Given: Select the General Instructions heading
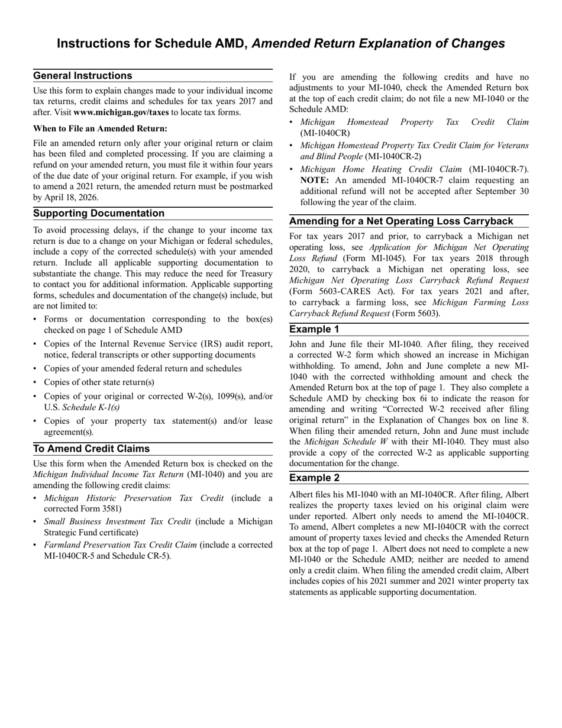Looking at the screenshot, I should [x=83, y=76].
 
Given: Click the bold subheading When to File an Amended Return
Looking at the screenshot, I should [x=100, y=128].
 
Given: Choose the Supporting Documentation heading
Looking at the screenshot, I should [x=99, y=214].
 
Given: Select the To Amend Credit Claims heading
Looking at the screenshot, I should [x=91, y=449].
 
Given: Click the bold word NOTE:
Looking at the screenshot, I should [x=315, y=180].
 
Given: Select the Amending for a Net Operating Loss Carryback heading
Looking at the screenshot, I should [x=401, y=221].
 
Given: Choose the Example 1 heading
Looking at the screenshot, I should [x=315, y=329].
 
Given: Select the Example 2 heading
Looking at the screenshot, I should [x=315, y=478].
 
